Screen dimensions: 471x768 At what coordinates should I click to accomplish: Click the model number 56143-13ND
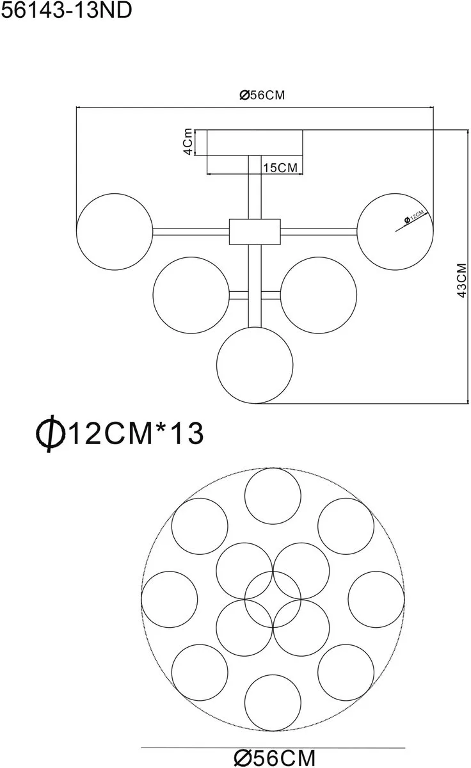point(67,10)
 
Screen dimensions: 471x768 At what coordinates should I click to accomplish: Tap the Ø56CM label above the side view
point(262,95)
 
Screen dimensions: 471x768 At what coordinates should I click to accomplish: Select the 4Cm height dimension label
point(188,142)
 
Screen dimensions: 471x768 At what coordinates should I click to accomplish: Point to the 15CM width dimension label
point(280,168)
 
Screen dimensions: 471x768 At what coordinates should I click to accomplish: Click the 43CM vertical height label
point(462,280)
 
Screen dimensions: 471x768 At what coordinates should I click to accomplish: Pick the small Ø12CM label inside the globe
point(414,217)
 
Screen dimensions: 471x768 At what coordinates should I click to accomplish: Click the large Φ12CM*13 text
point(120,433)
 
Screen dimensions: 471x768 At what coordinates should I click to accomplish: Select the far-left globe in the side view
point(76,232)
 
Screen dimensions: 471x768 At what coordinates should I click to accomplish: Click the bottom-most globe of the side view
point(217,365)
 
